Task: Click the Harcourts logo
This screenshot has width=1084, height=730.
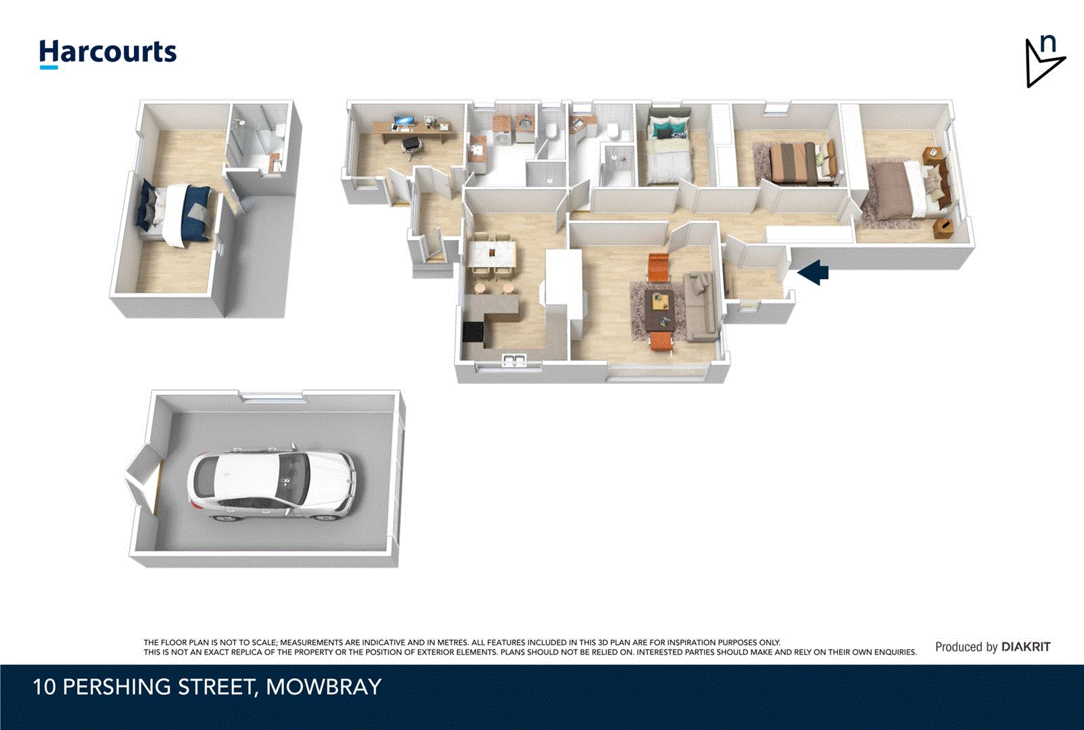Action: (108, 53)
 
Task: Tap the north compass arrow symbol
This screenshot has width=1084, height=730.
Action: (1043, 63)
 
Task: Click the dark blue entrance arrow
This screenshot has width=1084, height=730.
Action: (814, 272)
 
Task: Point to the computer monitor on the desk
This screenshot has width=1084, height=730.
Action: (403, 122)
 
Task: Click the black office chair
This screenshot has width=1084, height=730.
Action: (410, 144)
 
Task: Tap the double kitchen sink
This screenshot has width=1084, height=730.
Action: (515, 360)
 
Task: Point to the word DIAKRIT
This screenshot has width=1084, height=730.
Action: (1026, 647)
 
